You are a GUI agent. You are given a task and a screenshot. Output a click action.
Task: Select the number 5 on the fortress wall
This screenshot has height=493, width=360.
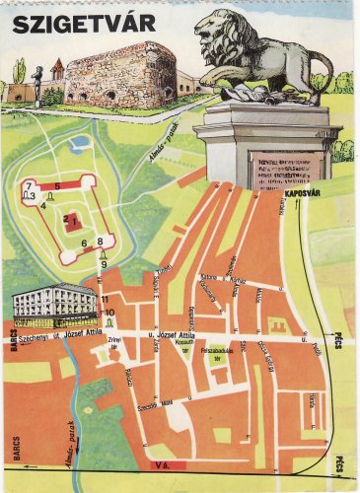[56, 185]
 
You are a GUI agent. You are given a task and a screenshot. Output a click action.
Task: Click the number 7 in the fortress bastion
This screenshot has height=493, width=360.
[31, 185]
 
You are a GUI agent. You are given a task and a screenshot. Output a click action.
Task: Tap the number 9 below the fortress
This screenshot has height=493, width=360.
[103, 263]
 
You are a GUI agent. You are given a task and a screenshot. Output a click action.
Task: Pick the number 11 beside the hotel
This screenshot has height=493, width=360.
[104, 299]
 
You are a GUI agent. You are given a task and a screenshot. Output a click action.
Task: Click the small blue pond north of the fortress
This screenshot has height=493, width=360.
[79, 144]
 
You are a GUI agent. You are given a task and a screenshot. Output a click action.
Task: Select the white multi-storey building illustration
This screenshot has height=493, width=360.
[54, 306]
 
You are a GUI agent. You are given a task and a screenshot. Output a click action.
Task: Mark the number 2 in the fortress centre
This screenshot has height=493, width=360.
[66, 219]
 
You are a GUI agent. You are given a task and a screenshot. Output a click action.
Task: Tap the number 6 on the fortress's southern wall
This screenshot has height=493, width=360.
[85, 244]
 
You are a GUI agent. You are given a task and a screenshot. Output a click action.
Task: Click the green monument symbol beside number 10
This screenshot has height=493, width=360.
[108, 323]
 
